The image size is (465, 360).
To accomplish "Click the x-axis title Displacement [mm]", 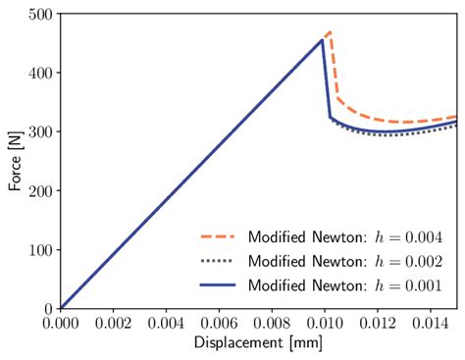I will click(259, 343).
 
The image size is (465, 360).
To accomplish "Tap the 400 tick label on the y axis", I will click(39, 74).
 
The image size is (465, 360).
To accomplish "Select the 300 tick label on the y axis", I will click(39, 132).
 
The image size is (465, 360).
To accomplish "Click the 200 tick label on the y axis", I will click(39, 191).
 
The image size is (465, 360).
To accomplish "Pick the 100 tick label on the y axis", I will click(39, 250).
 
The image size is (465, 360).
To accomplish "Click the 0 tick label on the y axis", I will click(47, 308).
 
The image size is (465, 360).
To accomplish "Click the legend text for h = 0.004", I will click(344, 237).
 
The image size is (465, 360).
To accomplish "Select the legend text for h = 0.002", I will click(344, 261).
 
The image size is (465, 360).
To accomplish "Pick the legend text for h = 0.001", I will click(344, 284).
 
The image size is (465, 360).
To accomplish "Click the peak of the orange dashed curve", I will click(329, 32).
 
